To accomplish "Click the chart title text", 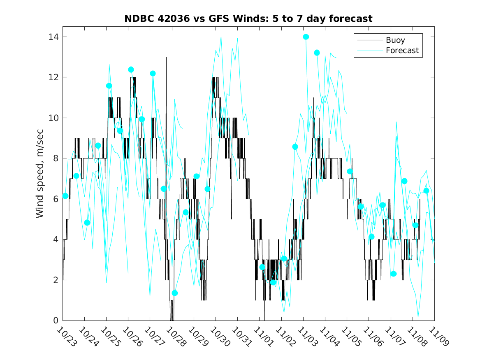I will (x=248, y=19).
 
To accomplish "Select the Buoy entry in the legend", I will (x=395, y=40).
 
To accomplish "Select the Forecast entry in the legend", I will (x=402, y=51).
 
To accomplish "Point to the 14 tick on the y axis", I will (x=52, y=37).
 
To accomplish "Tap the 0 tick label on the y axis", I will (x=54, y=321).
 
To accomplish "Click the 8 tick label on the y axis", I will (x=54, y=158).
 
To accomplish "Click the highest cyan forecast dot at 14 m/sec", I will (x=306, y=37).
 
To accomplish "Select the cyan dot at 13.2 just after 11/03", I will (x=317, y=53).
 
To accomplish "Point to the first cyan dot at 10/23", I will (x=65, y=196).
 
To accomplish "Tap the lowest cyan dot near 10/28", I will (x=174, y=293).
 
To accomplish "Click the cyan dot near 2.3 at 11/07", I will (x=393, y=274).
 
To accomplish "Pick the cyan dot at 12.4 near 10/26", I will (x=131, y=70).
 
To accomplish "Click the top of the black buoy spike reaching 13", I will (x=166, y=58).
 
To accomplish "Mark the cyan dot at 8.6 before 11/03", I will (x=295, y=147).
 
